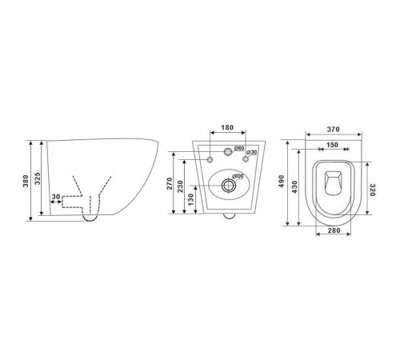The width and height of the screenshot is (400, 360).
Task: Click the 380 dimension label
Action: coord(26,181)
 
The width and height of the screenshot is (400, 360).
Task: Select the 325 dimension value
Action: coord(38,178)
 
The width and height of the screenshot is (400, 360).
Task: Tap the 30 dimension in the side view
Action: coord(56,197)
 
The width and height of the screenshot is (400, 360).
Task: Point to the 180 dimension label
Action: coord(227,127)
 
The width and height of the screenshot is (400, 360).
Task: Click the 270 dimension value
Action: coord(170,183)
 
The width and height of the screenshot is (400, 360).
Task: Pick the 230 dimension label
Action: coord(181,186)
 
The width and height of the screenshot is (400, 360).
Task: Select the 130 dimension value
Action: coord(191,199)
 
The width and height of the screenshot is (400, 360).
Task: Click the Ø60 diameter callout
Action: coord(239,148)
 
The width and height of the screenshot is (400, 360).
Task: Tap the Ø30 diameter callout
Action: coord(252,152)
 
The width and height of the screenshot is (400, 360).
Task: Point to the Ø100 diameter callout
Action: coord(238,176)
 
